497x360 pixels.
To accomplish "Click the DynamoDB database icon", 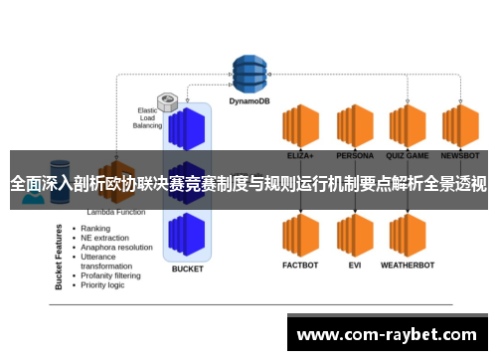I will [x=250, y=72].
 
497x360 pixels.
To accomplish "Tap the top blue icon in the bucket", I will [x=187, y=127].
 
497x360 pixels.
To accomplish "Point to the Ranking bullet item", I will [x=95, y=228].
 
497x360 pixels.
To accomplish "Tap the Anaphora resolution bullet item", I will [x=116, y=247].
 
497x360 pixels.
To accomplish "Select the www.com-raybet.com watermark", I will [x=388, y=335].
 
